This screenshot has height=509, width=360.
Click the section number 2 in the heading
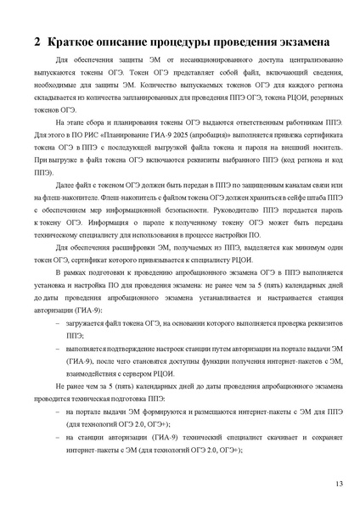(x=37, y=42)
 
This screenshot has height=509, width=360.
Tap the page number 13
(x=340, y=484)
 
